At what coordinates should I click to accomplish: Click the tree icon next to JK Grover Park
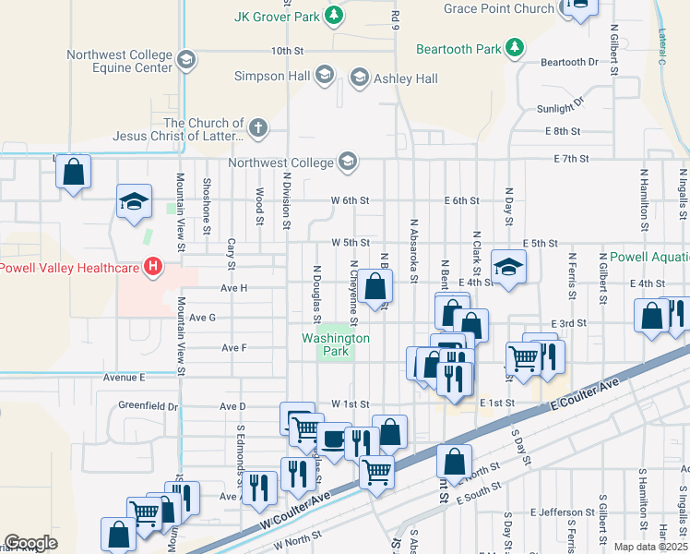click(x=337, y=16)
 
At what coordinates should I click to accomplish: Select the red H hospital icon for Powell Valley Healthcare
click(x=153, y=269)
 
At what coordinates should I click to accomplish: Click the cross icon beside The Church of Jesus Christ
click(x=259, y=128)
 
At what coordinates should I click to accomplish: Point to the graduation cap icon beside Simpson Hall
click(x=324, y=76)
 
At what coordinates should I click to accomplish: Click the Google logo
click(x=30, y=543)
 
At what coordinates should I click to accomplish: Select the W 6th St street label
click(x=350, y=200)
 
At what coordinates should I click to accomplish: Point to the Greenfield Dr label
click(x=148, y=405)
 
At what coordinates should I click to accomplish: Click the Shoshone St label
click(x=207, y=202)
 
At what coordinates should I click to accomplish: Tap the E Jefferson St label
click(x=563, y=512)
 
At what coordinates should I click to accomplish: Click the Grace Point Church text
click(x=499, y=9)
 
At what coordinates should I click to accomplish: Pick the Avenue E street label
click(x=125, y=377)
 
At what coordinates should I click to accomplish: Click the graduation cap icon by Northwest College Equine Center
click(x=186, y=62)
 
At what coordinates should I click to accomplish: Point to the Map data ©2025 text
click(x=649, y=547)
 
